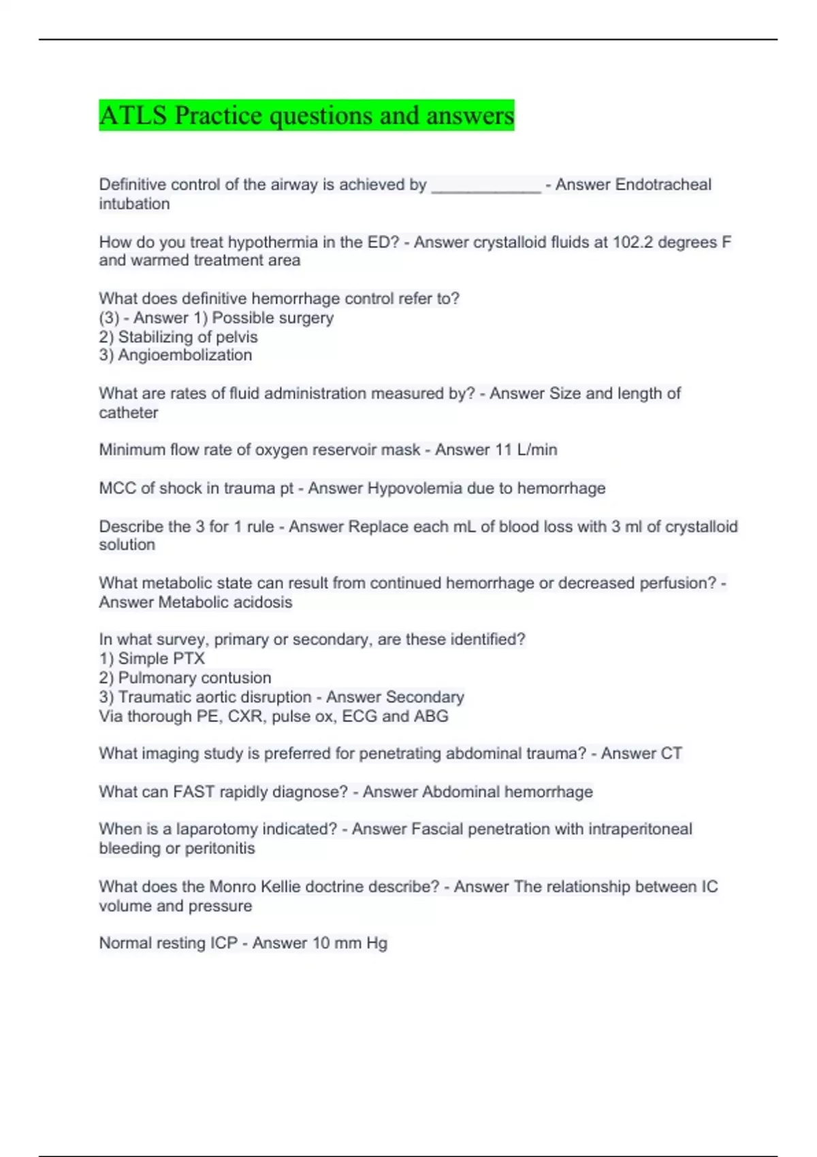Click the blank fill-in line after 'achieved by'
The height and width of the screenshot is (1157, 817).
[x=486, y=186]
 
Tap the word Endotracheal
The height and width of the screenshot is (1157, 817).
[x=663, y=184]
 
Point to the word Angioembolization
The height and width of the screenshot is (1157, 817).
[x=185, y=355]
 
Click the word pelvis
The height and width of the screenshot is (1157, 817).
[x=236, y=337]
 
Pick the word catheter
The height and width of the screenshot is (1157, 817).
[x=128, y=412]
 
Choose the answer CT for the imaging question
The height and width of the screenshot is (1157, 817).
[x=671, y=753]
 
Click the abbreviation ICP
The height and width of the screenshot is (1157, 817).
[x=223, y=943]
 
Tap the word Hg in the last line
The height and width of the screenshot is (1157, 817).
[x=377, y=943]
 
